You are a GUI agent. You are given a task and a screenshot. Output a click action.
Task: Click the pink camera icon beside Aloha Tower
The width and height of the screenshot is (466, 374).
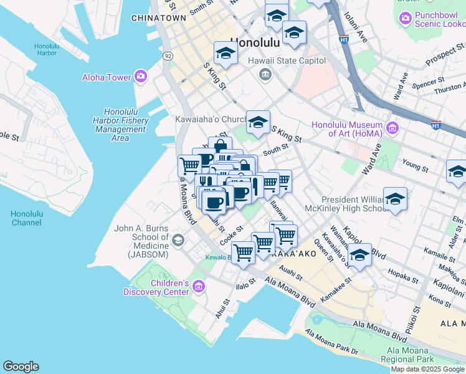click(x=140, y=77)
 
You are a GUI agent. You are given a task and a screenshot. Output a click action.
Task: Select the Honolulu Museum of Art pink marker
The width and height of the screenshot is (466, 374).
click(x=392, y=129)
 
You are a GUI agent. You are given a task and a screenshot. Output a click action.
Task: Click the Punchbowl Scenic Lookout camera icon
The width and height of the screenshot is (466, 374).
click(x=406, y=19)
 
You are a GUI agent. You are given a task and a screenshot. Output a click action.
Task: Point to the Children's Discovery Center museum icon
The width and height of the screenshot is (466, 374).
click(x=199, y=287)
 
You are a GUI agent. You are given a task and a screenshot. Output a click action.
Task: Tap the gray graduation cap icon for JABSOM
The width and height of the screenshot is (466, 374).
click(x=178, y=240)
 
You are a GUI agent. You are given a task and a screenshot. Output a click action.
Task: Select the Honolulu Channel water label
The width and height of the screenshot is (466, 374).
click(x=26, y=218)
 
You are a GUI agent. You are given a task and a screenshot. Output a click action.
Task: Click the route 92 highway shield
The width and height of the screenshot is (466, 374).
click(x=168, y=55)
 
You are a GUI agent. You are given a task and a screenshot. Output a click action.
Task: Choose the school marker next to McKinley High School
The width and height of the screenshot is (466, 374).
click(x=395, y=199)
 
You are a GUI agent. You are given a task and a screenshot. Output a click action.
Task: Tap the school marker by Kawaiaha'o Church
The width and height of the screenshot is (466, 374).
click(x=258, y=122)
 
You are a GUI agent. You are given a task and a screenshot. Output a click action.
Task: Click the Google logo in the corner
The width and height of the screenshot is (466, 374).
click(x=21, y=367)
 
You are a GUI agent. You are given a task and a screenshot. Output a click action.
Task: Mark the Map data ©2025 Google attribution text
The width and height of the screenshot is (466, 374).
click(x=428, y=369)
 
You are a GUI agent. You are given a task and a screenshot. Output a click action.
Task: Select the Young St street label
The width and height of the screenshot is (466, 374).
click(x=416, y=166)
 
